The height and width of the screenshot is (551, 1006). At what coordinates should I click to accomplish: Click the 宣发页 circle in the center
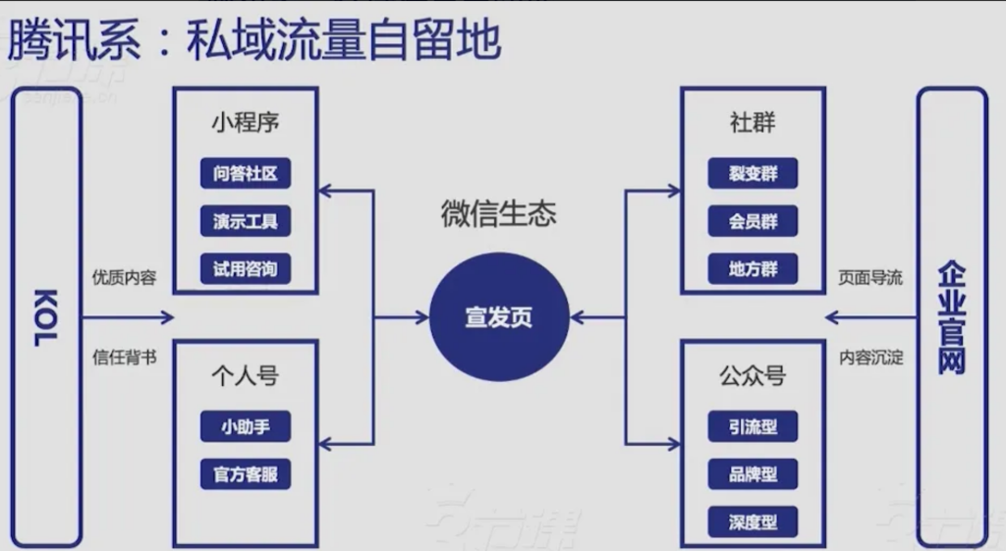coord(500,317)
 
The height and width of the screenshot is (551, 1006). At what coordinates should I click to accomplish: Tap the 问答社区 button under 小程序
coord(246,175)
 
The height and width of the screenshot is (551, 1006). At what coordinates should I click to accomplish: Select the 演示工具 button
coord(246,222)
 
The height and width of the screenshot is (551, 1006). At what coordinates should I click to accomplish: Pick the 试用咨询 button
coord(246,269)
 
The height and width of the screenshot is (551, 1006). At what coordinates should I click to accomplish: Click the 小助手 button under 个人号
coord(246,427)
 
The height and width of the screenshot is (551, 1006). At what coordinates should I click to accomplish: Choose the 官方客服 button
coord(246,474)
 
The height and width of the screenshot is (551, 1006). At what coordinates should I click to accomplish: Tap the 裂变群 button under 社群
coord(753,175)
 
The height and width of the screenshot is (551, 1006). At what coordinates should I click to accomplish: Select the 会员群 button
coord(753,222)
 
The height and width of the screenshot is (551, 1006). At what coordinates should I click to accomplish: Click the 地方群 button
coord(753,269)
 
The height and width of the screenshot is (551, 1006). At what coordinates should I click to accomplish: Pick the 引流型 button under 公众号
coord(753,427)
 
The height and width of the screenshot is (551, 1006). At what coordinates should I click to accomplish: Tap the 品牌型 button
coord(753,474)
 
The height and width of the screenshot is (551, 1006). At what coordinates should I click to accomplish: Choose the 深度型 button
coord(753,522)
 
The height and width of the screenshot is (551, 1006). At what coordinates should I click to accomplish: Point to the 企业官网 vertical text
coord(951,317)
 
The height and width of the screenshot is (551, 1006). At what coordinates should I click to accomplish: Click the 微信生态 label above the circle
coord(498,215)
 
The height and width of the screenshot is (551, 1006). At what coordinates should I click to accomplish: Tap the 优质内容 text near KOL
coord(124,278)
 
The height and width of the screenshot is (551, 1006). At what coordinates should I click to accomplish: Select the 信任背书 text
coord(124,357)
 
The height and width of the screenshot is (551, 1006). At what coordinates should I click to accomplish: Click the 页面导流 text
coord(870,278)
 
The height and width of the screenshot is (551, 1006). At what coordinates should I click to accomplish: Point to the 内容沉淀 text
coord(870,357)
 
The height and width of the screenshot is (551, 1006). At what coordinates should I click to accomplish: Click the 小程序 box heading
coord(246,124)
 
